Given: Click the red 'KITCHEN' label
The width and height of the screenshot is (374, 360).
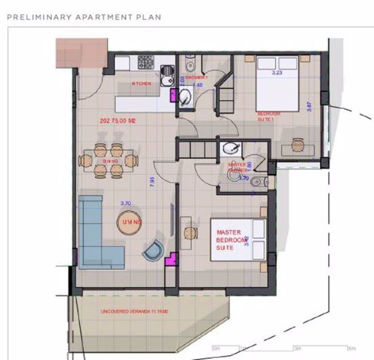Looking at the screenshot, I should tap(142, 84).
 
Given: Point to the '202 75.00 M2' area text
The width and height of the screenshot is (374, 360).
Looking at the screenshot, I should tap(118, 121).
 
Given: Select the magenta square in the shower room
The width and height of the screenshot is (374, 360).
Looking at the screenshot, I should tap(182, 97).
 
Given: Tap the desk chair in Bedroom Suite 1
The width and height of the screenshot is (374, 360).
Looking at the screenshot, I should tap(298, 145).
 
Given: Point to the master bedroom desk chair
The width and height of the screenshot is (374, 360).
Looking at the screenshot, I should tap(189, 232).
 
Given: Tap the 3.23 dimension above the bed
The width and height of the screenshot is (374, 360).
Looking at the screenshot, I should tap(276, 72).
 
